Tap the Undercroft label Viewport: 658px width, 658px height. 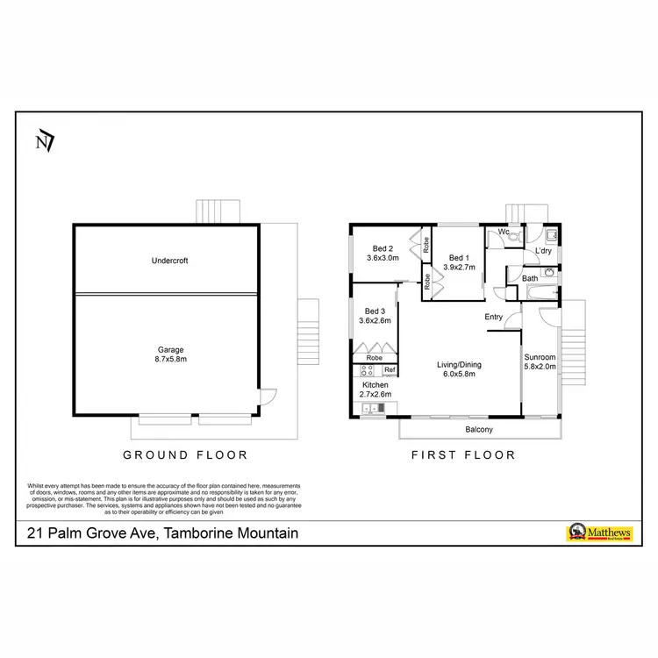point(169,261)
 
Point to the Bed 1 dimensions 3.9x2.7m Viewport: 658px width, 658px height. point(460,267)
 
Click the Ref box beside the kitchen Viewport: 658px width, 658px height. point(390,370)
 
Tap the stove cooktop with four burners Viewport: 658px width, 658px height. point(368,370)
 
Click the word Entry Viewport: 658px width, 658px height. point(493,317)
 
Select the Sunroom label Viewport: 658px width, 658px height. point(540,358)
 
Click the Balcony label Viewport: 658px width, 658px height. point(479,430)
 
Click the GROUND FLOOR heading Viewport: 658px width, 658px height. point(185,454)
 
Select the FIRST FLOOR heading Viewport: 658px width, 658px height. point(463,454)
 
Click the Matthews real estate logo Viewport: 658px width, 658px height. point(598,533)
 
